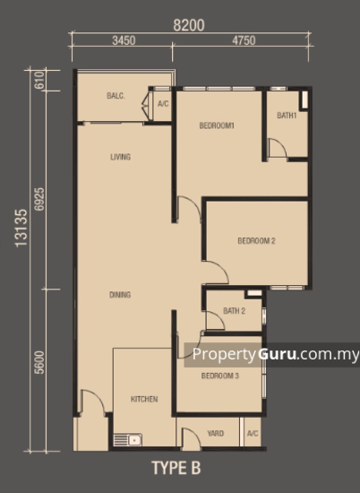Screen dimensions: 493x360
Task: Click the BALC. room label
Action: tap(115, 96)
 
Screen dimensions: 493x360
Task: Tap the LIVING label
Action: tap(121, 157)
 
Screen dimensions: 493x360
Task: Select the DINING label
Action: tap(120, 295)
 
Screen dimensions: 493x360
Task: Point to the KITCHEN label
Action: tap(144, 398)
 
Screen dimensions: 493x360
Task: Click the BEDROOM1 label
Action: tap(217, 125)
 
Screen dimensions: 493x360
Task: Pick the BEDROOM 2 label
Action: tap(256, 240)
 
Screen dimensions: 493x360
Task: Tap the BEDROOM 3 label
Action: tap(220, 376)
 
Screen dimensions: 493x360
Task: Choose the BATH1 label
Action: tap(287, 116)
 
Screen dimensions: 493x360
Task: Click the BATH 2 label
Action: tap(235, 312)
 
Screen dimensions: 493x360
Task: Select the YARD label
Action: tap(216, 434)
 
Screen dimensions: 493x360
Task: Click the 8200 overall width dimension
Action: tap(188, 26)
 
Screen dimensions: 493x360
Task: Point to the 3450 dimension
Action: tap(124, 41)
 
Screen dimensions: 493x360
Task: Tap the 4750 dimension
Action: tap(244, 41)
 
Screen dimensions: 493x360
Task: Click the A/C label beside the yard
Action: tap(252, 434)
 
